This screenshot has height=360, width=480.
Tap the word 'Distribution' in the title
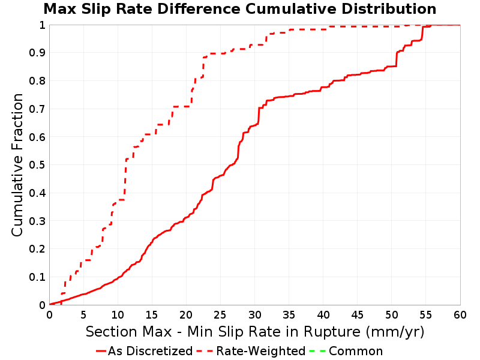(x=389, y=9)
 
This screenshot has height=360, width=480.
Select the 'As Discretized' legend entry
(x=145, y=351)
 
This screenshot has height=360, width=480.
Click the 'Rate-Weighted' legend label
(x=261, y=351)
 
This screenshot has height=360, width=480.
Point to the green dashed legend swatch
(x=317, y=351)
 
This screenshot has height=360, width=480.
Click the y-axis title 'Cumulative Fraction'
(x=17, y=165)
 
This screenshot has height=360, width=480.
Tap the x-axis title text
(x=255, y=332)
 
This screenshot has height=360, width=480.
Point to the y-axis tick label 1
(x=42, y=25)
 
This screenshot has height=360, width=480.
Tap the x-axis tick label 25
(x=220, y=314)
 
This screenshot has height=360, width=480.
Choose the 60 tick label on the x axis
(x=460, y=314)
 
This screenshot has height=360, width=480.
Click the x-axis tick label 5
(x=83, y=314)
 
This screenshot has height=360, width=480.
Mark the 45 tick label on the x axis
(x=357, y=314)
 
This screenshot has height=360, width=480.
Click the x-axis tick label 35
(x=289, y=314)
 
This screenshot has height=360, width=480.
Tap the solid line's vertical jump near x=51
(x=397, y=59)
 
